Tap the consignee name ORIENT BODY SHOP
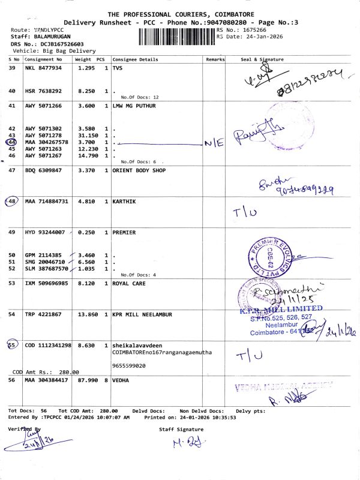click(x=139, y=171)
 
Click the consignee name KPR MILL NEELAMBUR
click(x=142, y=314)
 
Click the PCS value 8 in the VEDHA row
click(x=106, y=380)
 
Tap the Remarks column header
click(x=215, y=60)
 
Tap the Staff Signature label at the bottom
click(x=181, y=429)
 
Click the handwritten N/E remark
click(x=214, y=143)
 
